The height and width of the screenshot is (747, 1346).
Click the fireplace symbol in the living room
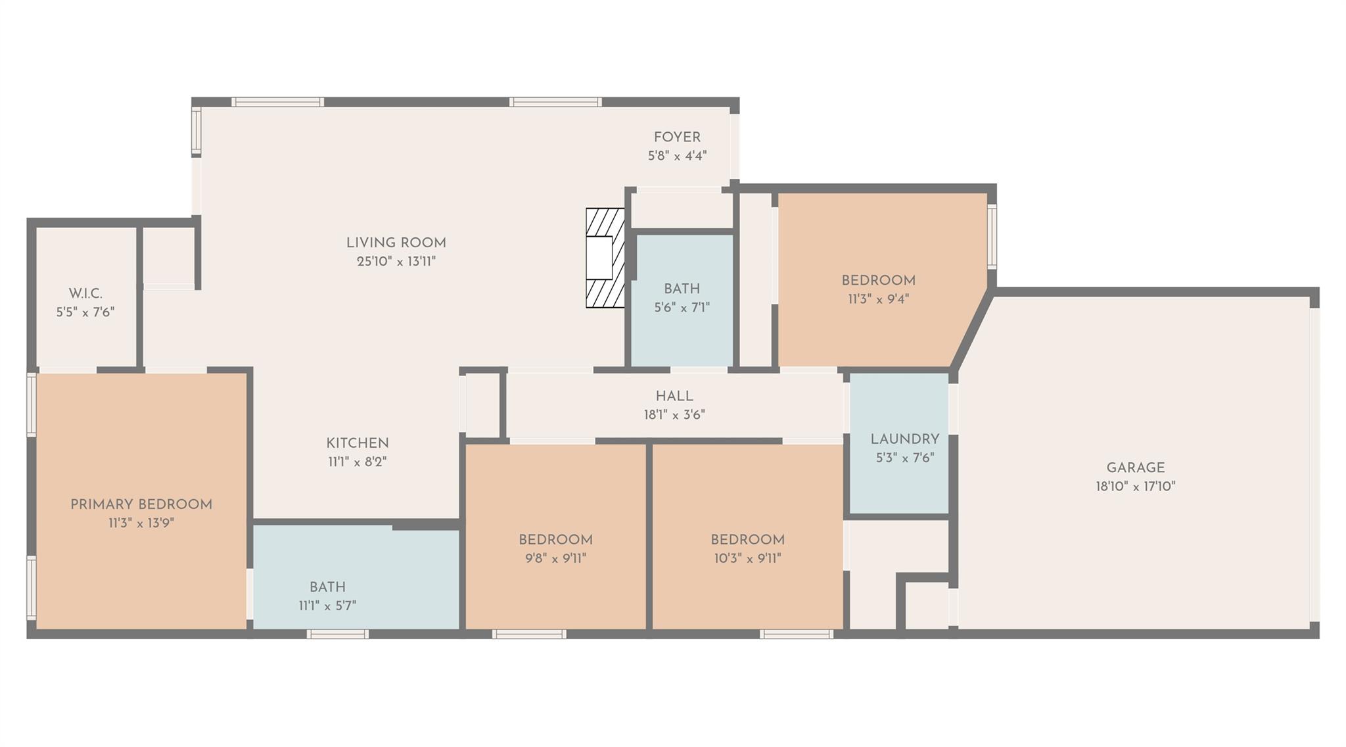605,258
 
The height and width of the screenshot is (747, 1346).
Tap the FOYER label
677,137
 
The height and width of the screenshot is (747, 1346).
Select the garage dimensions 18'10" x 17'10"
1135,487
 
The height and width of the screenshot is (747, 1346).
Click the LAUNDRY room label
904,439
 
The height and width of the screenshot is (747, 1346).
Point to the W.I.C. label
85,293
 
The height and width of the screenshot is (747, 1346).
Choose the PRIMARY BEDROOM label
141,504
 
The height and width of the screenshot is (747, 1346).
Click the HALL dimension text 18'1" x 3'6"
674,415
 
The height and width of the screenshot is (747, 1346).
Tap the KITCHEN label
358,443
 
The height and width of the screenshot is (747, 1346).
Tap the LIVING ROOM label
396,243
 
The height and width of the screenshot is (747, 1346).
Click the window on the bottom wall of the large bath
338,634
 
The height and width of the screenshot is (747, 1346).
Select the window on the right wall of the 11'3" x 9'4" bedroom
992,236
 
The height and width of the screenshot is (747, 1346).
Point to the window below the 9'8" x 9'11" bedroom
529,634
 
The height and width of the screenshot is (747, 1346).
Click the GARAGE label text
1135,468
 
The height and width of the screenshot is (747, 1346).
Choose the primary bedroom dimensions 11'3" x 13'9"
141,523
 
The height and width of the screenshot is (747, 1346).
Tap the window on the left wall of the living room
196,132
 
